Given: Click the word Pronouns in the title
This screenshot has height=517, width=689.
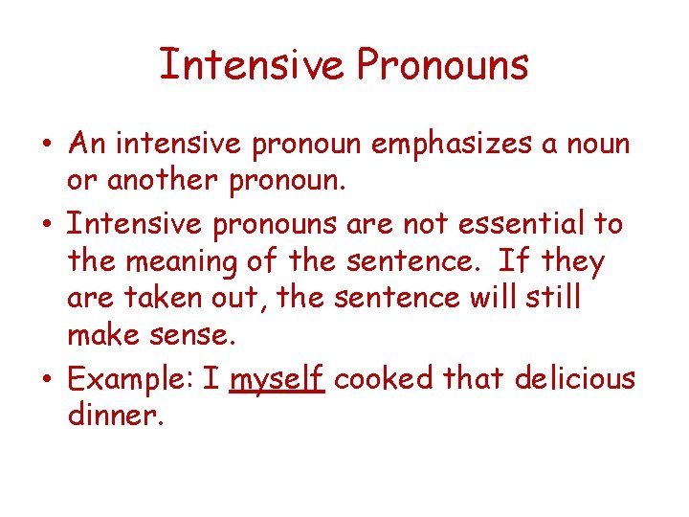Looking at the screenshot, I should click(443, 65).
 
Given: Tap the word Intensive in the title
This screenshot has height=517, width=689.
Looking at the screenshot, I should click(252, 65).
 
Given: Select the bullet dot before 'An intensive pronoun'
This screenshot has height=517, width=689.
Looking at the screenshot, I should click(46, 146).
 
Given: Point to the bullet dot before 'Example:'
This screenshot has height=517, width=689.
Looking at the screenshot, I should click(46, 381).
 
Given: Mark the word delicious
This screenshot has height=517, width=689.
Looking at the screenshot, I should click(574, 378).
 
